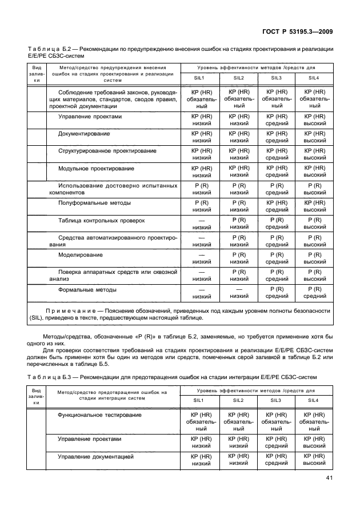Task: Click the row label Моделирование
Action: (81, 254)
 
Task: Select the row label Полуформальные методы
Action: (94, 202)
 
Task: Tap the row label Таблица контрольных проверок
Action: (101, 220)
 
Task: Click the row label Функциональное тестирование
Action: (99, 415)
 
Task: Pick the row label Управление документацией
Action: (95, 457)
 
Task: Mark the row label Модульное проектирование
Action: (96, 168)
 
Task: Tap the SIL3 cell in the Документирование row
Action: (277, 137)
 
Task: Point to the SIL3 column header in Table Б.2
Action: (277, 78)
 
